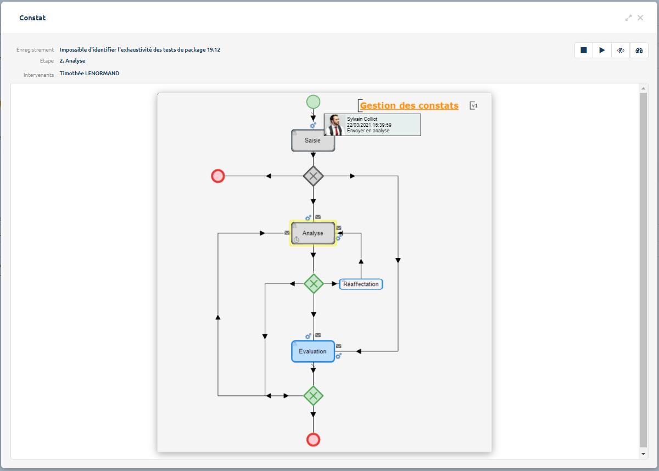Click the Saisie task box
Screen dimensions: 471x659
pyautogui.click(x=313, y=141)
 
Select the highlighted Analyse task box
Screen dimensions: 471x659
pyautogui.click(x=313, y=233)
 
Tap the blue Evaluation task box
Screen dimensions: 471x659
pyautogui.click(x=313, y=351)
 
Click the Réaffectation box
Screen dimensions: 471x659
pyautogui.click(x=361, y=284)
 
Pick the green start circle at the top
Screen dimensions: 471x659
pyautogui.click(x=313, y=102)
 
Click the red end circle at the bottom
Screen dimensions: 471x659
pyautogui.click(x=313, y=440)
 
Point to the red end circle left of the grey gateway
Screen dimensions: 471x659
pyautogui.click(x=218, y=176)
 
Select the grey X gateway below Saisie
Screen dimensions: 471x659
pyautogui.click(x=313, y=176)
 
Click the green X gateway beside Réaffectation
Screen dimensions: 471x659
pyautogui.click(x=313, y=284)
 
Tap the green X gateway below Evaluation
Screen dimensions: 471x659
pyautogui.click(x=313, y=395)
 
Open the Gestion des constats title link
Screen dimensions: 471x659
pyautogui.click(x=409, y=106)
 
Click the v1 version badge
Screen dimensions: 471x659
pyautogui.click(x=474, y=105)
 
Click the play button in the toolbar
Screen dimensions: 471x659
pyautogui.click(x=602, y=51)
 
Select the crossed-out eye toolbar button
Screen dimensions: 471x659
pyautogui.click(x=621, y=51)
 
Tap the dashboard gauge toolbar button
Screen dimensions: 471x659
pyautogui.click(x=639, y=51)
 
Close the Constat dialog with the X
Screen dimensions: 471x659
pyautogui.click(x=640, y=18)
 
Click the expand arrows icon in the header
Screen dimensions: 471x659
pyautogui.click(x=628, y=18)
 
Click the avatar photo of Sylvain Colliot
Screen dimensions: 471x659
pyautogui.click(x=334, y=125)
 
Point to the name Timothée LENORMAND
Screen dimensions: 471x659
pyautogui.click(x=90, y=74)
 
